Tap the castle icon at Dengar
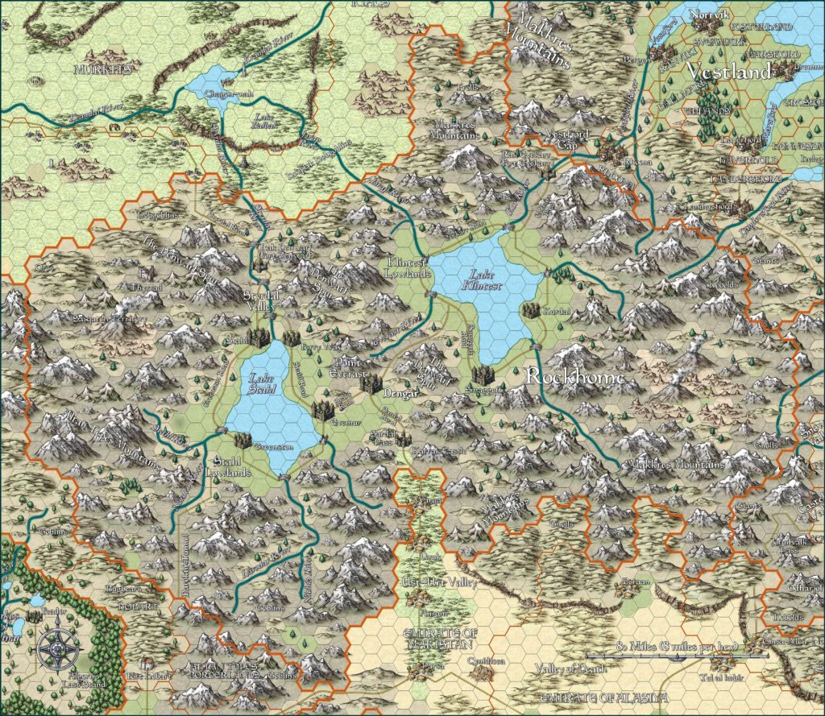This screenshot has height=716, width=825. (x=370, y=384)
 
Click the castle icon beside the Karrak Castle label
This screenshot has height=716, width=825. (x=402, y=439)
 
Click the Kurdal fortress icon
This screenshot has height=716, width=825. (x=530, y=309)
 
